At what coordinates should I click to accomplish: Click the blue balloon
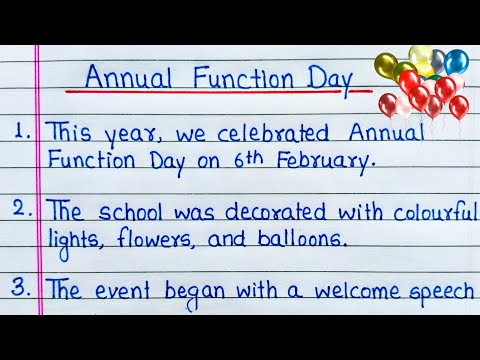pyautogui.click(x=457, y=61)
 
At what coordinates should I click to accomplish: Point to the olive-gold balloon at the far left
pyautogui.click(x=385, y=66)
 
